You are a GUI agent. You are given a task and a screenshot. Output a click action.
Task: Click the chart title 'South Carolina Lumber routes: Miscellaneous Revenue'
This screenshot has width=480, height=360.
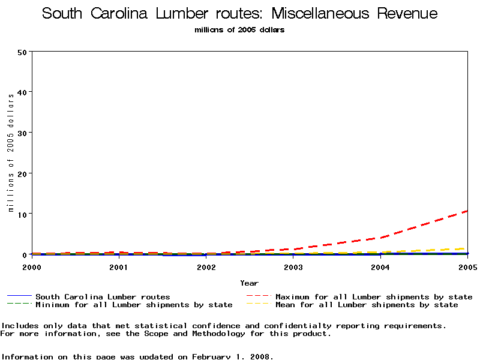coord(240,14)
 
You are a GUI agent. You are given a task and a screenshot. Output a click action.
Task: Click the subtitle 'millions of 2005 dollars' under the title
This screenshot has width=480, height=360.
coord(240,30)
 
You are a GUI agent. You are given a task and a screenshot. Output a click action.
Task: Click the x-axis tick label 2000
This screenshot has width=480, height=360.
coord(32,267)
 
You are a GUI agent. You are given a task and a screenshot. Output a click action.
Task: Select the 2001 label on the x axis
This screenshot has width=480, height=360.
coord(119,267)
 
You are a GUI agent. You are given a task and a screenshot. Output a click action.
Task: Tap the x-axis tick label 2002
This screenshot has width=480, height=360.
coord(206,267)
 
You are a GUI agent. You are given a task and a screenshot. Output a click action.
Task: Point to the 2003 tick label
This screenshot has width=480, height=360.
coord(293,267)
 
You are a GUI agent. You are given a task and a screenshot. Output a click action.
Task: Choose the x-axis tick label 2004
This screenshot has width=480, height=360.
coord(380,267)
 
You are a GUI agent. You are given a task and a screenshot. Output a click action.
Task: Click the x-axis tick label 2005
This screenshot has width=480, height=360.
coord(467,267)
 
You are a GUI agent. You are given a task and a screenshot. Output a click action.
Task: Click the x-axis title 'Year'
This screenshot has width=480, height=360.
coord(249,283)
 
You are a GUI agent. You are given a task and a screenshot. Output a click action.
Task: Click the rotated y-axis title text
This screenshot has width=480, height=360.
coord(11,153)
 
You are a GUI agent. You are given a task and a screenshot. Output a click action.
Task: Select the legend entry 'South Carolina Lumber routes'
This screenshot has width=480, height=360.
coord(103,296)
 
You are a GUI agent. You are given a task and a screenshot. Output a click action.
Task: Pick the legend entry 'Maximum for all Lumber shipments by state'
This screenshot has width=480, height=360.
coord(374,296)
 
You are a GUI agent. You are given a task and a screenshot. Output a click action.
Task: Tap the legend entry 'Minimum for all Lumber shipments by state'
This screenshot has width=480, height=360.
coord(134,305)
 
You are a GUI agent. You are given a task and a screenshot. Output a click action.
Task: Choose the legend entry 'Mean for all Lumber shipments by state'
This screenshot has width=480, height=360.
coord(367,305)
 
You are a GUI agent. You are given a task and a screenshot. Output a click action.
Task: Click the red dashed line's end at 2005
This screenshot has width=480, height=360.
coord(466,211)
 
